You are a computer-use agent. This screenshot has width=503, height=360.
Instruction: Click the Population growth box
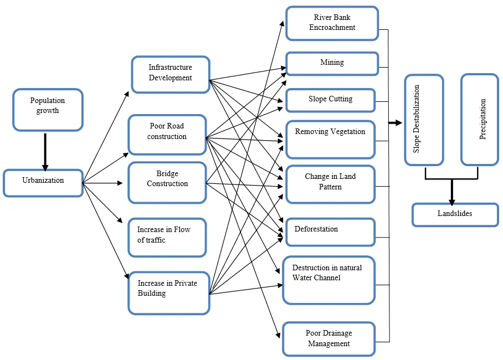coord(48,110)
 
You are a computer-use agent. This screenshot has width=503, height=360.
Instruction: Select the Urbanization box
coord(43,183)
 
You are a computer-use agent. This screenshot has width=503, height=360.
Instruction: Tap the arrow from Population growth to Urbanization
coord(45,151)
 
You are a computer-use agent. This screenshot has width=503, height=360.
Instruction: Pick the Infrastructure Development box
coord(170,74)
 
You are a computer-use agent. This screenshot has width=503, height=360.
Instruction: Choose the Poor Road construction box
coord(167,135)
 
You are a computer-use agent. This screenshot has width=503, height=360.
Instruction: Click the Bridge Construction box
coord(167,182)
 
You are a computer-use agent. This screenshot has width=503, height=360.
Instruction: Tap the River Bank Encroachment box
coord(332,23)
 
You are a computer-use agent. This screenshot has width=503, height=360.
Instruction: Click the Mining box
coord(332,64)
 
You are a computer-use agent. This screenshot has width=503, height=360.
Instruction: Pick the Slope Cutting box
coord(330,100)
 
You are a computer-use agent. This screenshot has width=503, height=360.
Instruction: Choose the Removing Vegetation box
coord(330,139)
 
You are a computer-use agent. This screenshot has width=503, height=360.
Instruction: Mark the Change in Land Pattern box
coord(330,184)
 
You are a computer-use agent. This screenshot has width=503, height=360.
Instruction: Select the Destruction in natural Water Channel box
coord(328,280)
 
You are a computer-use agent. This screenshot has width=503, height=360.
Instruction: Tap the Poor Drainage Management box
coord(328,338)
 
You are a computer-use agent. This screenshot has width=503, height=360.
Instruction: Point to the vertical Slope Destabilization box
coord(424,120)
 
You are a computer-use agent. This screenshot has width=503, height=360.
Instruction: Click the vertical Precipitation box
coord(480,120)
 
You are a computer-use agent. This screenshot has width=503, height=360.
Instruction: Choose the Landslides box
coord(455,214)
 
